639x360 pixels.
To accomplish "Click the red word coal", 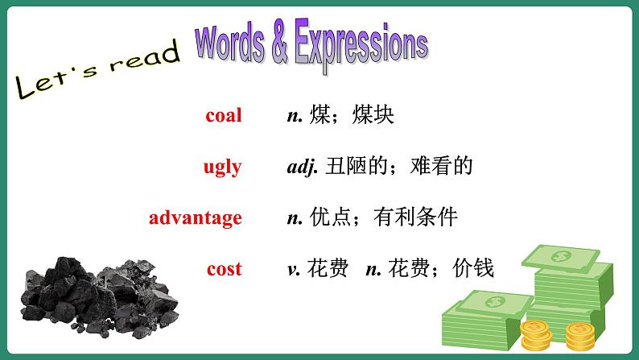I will click(x=223, y=115).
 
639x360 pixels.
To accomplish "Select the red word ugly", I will click(x=222, y=167).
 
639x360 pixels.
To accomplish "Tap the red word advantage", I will click(x=196, y=217).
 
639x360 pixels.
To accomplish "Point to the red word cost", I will click(x=224, y=269).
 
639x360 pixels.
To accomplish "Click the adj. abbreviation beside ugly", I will click(x=303, y=167).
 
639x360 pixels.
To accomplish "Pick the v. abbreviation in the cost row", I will click(x=294, y=269).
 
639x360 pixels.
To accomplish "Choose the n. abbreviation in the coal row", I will click(x=294, y=115).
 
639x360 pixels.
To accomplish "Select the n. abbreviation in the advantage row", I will click(x=294, y=217).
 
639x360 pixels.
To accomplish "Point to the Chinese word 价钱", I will click(x=474, y=269).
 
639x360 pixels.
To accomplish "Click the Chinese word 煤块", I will click(x=373, y=115).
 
